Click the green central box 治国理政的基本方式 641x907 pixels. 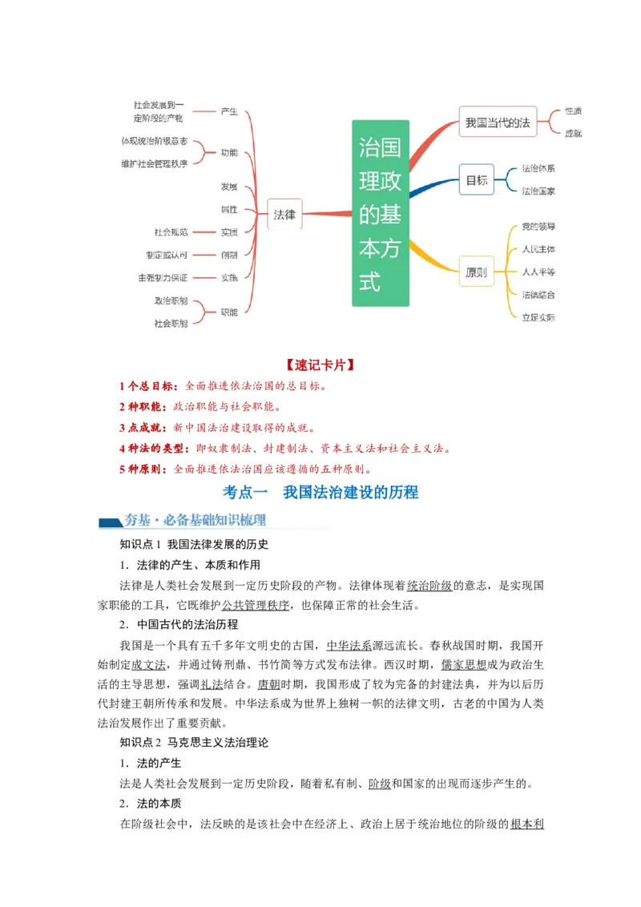[x=381, y=213]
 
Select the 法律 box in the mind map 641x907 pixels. [x=284, y=214]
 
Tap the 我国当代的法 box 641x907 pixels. [x=498, y=123]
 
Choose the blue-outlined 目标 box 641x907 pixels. [x=477, y=180]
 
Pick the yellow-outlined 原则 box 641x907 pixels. [x=476, y=272]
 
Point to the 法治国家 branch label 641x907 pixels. [x=538, y=191]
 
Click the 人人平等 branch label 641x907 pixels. [x=538, y=272]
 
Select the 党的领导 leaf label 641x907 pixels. [x=538, y=227]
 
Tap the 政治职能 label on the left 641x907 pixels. [x=171, y=300]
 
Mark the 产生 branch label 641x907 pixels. [x=229, y=111]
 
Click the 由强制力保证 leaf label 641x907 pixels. [x=163, y=277]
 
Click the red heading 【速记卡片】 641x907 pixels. [x=320, y=365]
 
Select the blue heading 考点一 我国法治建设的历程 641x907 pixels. [x=320, y=492]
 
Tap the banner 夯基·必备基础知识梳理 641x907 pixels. [x=195, y=520]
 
